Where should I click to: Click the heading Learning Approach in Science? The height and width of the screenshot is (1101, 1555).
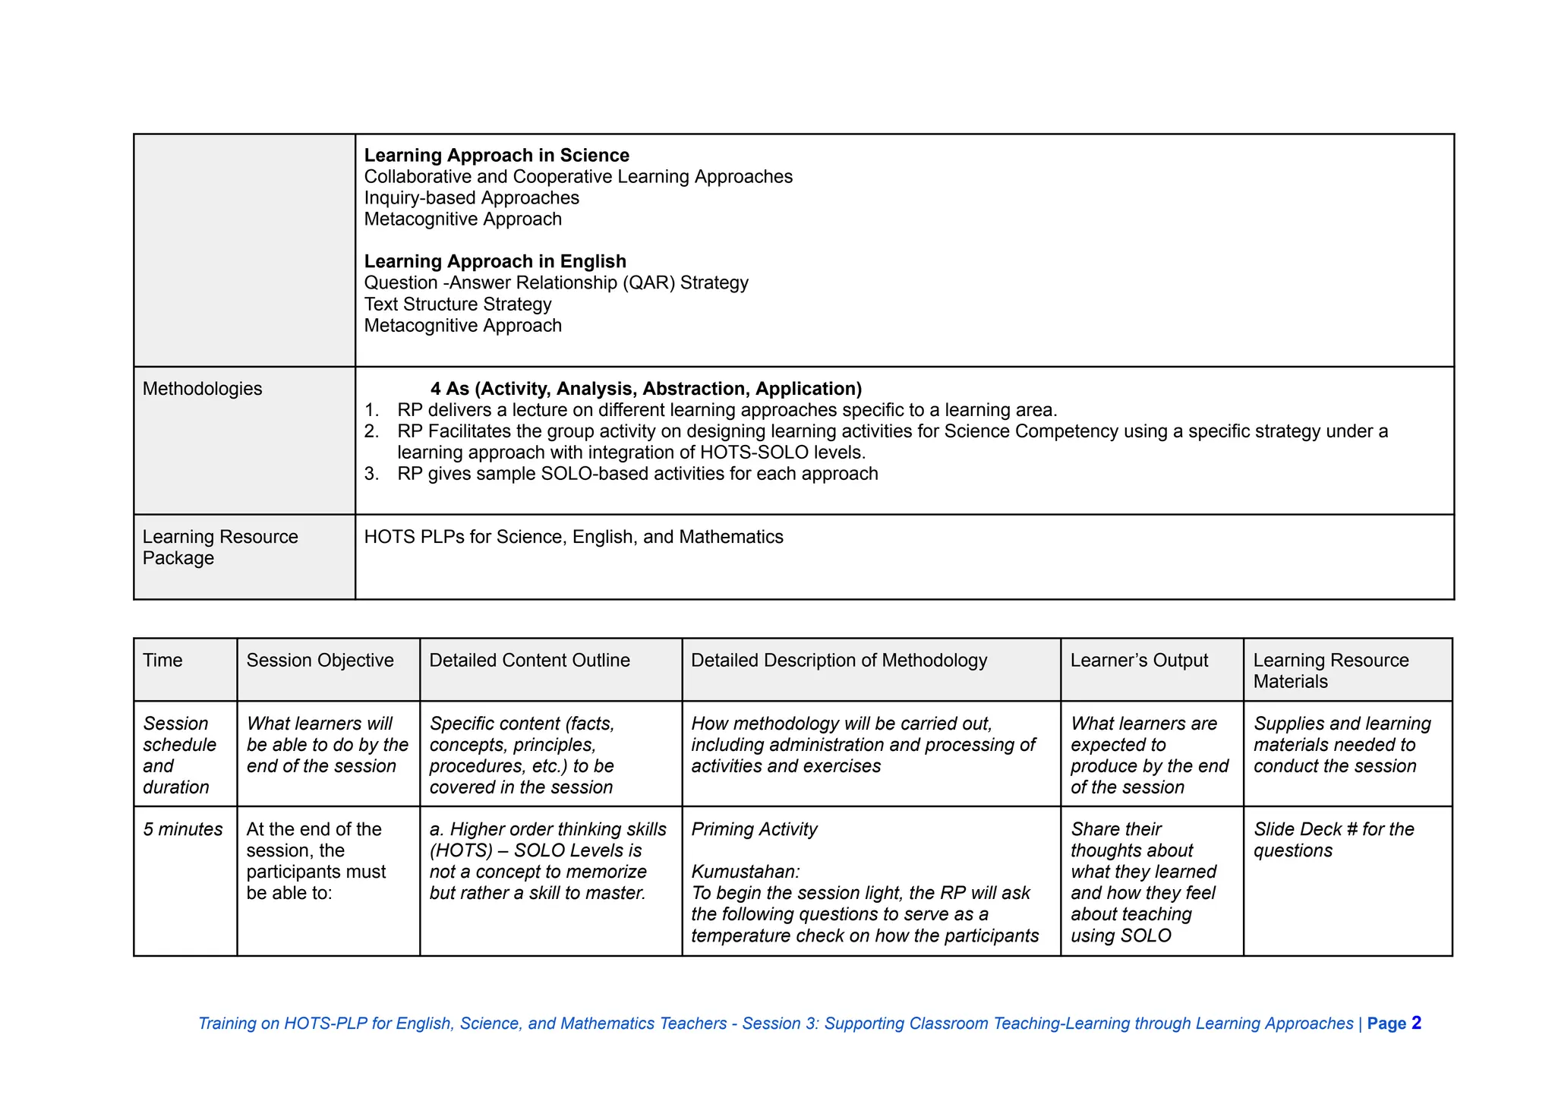pyautogui.click(x=497, y=156)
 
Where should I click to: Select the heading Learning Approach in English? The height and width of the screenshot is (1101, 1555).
pyautogui.click(x=495, y=262)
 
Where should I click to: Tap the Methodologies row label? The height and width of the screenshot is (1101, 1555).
pyautogui.click(x=202, y=389)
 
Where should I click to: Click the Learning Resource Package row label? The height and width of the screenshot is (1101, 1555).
pyautogui.click(x=220, y=547)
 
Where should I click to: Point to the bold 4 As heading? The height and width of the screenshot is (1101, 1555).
pyautogui.click(x=645, y=389)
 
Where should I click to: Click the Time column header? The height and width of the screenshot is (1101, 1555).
pyautogui.click(x=162, y=661)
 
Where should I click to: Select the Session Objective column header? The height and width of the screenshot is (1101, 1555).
pyautogui.click(x=320, y=661)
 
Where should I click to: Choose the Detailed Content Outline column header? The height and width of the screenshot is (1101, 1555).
pyautogui.click(x=529, y=661)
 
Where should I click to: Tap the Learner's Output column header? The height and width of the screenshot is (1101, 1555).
pyautogui.click(x=1139, y=661)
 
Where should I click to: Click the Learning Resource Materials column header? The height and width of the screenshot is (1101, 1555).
pyautogui.click(x=1330, y=670)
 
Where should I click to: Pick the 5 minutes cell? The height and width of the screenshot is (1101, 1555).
pyautogui.click(x=183, y=829)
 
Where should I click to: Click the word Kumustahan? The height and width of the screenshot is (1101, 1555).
pyautogui.click(x=745, y=872)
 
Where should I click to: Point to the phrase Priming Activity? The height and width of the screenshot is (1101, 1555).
pyautogui.click(x=754, y=829)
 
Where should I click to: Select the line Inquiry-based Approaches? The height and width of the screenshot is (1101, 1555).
pyautogui.click(x=472, y=198)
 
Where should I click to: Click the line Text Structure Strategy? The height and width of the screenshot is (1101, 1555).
pyautogui.click(x=458, y=304)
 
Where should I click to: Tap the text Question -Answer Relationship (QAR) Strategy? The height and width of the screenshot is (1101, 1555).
pyautogui.click(x=556, y=283)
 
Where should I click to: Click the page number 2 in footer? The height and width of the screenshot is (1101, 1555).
pyautogui.click(x=1416, y=1023)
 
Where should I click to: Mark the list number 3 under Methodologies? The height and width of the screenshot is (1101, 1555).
pyautogui.click(x=371, y=474)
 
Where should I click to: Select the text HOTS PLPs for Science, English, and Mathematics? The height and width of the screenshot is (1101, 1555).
pyautogui.click(x=573, y=537)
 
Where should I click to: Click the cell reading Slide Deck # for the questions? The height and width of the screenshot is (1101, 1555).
pyautogui.click(x=1333, y=840)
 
